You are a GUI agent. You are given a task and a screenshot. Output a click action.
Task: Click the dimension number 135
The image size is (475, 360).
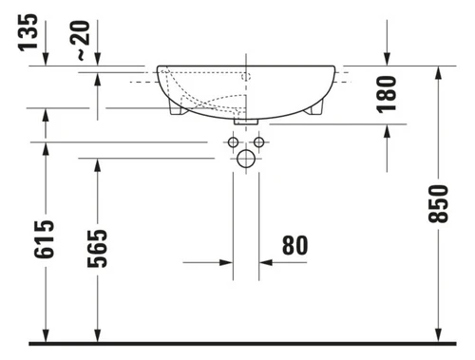28,32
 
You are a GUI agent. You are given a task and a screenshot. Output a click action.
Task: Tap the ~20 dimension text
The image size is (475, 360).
80,40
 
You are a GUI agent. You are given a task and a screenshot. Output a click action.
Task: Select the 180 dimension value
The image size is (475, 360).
387,94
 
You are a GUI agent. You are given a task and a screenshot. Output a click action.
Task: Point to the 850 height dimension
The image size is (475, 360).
438,204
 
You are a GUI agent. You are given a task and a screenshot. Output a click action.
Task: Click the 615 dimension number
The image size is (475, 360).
44,239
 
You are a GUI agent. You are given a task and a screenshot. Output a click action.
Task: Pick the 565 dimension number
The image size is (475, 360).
97,249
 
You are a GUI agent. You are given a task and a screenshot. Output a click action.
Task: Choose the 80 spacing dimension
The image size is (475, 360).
294,245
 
